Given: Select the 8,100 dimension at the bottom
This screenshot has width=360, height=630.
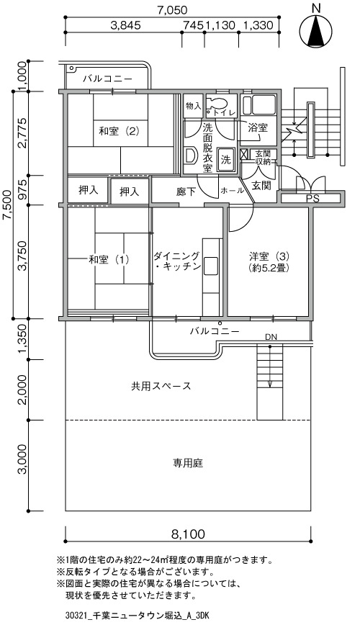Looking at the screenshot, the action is (x=188, y=534).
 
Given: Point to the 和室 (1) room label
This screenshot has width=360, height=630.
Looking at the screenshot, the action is (x=109, y=259).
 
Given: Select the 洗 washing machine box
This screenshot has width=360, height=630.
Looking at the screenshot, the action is (x=226, y=160).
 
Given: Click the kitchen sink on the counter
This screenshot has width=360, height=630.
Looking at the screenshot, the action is (x=210, y=266).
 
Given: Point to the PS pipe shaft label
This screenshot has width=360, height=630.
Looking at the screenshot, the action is (x=311, y=198).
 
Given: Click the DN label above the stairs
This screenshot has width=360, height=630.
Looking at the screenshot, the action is (x=271, y=337).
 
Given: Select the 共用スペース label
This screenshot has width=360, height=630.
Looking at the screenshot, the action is (x=161, y=386).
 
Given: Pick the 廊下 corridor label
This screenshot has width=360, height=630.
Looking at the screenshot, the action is (x=186, y=192).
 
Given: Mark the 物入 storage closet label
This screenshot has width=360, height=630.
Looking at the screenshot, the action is (x=194, y=106).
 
